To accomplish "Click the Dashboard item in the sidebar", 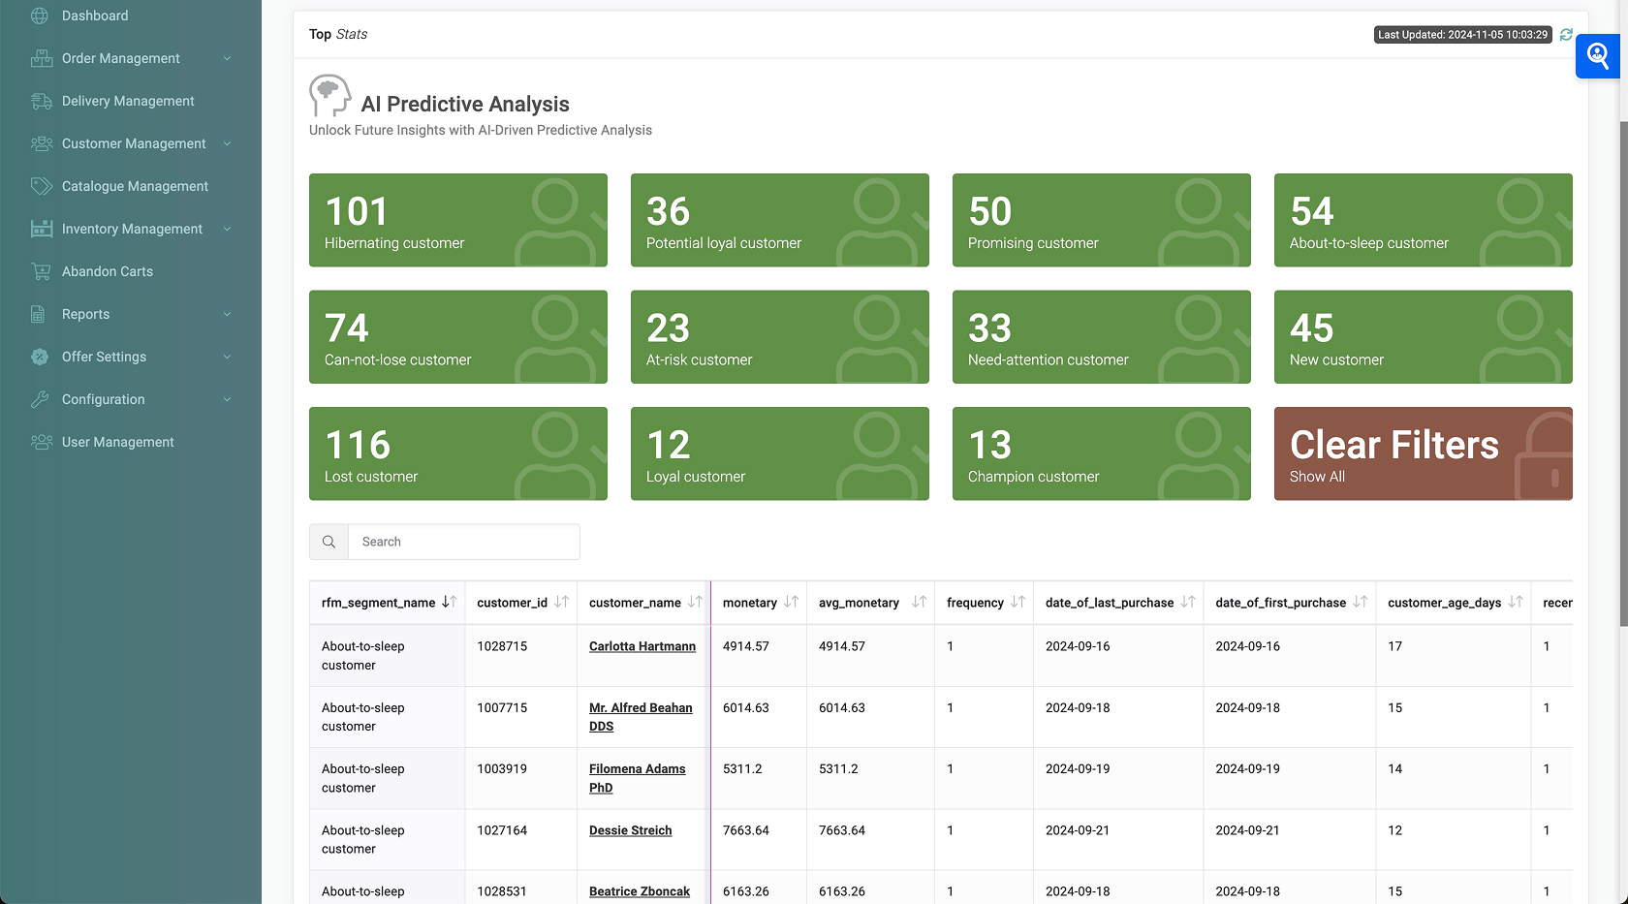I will pyautogui.click(x=94, y=16).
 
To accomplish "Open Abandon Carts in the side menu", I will pyautogui.click(x=107, y=271).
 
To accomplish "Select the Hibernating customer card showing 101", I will pyautogui.click(x=457, y=220).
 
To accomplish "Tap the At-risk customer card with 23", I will pyautogui.click(x=779, y=337).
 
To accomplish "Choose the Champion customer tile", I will pyautogui.click(x=1101, y=453).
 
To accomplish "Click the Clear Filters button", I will pyautogui.click(x=1423, y=453).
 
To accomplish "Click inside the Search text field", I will pyautogui.click(x=463, y=542).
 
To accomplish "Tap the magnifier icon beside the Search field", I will pyautogui.click(x=329, y=542).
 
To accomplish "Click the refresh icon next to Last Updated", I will pyautogui.click(x=1566, y=34).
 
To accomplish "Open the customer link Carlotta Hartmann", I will pyautogui.click(x=642, y=646).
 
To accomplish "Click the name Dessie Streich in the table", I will pyautogui.click(x=630, y=830).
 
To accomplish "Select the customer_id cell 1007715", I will pyautogui.click(x=502, y=708).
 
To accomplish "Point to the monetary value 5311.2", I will pyautogui.click(x=742, y=769).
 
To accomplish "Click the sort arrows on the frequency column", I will pyautogui.click(x=1017, y=602).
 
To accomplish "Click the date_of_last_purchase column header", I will pyautogui.click(x=1110, y=603).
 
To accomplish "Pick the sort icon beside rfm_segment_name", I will pyautogui.click(x=449, y=602).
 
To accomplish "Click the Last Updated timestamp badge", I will pyautogui.click(x=1462, y=35).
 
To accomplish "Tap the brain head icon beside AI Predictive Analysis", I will pyautogui.click(x=329, y=95).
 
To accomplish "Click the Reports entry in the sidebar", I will pyautogui.click(x=85, y=314).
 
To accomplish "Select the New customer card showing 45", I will pyautogui.click(x=1423, y=337).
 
